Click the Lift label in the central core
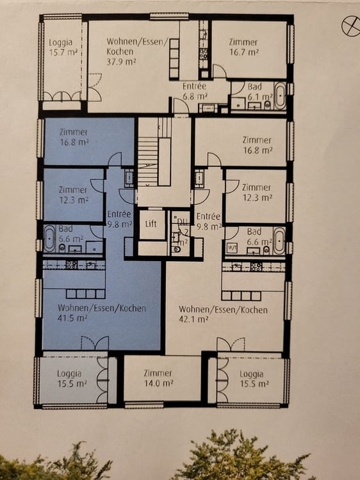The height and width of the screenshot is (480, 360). [151, 224]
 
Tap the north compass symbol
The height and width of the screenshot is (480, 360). [350, 26]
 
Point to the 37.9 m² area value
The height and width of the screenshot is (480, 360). [122, 62]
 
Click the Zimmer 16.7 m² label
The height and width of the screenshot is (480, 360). [243, 46]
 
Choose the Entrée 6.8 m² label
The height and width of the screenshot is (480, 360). [194, 90]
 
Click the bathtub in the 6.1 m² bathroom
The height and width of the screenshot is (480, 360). [280, 97]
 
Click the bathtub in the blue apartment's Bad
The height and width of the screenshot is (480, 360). [49, 239]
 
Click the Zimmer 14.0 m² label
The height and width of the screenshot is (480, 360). [158, 378]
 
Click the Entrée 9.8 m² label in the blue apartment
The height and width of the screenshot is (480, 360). [119, 220]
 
